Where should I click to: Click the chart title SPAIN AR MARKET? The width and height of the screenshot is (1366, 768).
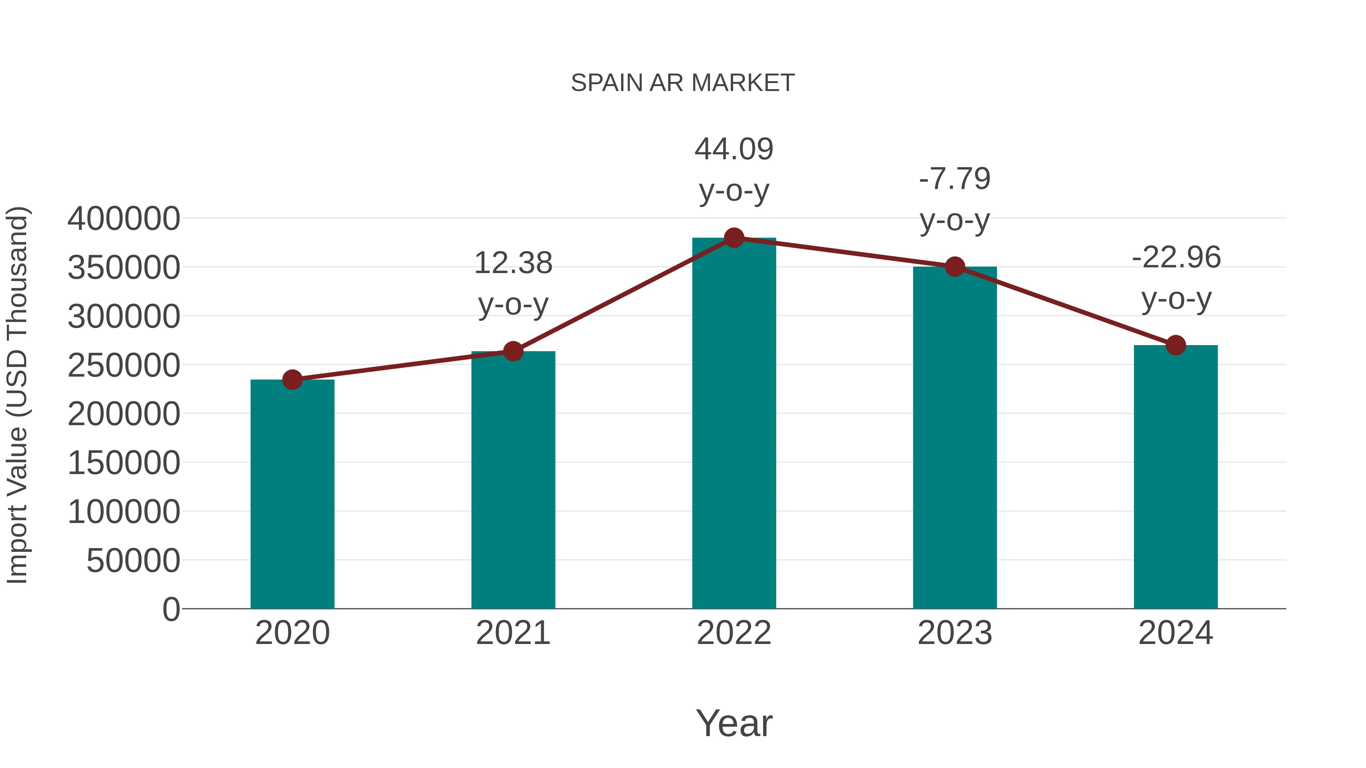(x=683, y=83)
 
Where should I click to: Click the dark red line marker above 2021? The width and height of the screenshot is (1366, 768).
(x=513, y=351)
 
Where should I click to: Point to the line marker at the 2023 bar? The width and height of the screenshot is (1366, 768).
(x=955, y=267)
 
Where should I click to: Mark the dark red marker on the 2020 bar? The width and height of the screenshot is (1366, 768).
(x=292, y=380)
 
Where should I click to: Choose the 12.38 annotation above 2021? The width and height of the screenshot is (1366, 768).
(x=513, y=264)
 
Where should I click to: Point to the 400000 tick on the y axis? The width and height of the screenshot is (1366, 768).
(x=124, y=218)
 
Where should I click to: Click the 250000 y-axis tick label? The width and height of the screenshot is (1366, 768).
(x=124, y=365)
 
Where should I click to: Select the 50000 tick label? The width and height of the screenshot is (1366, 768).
(x=133, y=561)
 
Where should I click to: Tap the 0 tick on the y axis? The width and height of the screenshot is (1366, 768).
(x=171, y=609)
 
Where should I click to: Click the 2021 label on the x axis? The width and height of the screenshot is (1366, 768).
(x=513, y=633)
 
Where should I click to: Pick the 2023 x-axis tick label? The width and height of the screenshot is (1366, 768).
(x=955, y=633)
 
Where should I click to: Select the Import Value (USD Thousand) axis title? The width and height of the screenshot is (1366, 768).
(x=17, y=395)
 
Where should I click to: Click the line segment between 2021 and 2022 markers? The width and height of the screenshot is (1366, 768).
(x=623, y=295)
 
